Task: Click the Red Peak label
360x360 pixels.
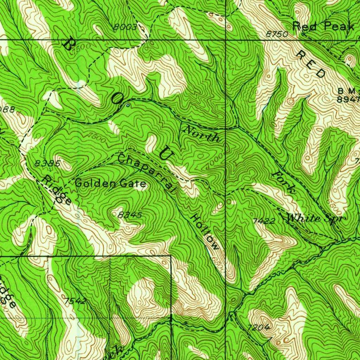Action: [323, 26]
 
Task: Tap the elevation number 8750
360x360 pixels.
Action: [277, 34]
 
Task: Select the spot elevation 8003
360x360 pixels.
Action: [125, 27]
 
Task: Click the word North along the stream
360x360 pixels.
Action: [202, 134]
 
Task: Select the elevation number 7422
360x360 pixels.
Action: [264, 221]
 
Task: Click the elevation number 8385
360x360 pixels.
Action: [48, 163]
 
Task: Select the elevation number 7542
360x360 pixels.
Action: [76, 301]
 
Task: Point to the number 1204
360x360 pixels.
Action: [259, 328]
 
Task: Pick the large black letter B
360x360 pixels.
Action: [67, 45]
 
